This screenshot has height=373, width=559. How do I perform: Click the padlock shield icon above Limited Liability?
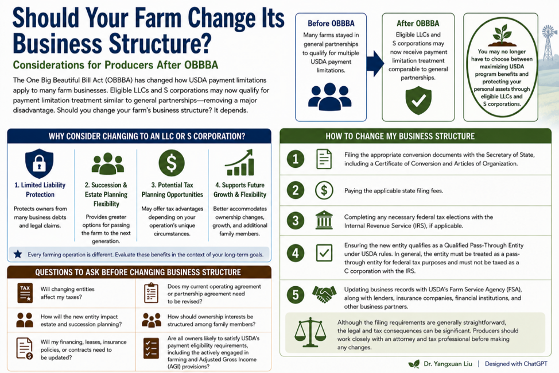[x=39, y=163]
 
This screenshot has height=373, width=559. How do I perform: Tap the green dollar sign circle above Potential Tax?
[x=172, y=163]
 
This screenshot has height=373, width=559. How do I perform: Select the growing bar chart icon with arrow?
[x=239, y=163]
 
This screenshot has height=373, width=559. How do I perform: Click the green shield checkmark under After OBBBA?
[x=418, y=101]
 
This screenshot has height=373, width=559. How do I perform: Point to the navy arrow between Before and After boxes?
[x=375, y=64]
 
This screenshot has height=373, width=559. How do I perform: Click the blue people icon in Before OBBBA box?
[x=330, y=97]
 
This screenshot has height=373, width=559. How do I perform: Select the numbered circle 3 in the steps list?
[x=296, y=221]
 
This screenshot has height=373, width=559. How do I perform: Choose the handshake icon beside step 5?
[x=324, y=294]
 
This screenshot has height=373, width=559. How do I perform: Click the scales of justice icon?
[x=310, y=332]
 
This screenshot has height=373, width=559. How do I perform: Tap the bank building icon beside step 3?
[x=324, y=220]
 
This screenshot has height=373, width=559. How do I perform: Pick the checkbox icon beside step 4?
[x=324, y=253]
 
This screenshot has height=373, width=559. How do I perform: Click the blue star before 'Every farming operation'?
[x=18, y=254]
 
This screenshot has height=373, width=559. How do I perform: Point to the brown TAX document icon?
[x=25, y=293]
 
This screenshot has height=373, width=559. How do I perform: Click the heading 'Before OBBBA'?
[x=331, y=24]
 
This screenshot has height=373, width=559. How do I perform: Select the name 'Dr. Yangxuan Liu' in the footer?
[x=448, y=364]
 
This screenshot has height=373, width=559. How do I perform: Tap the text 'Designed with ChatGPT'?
[x=516, y=364]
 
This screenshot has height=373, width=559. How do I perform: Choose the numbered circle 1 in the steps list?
[x=296, y=159]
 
